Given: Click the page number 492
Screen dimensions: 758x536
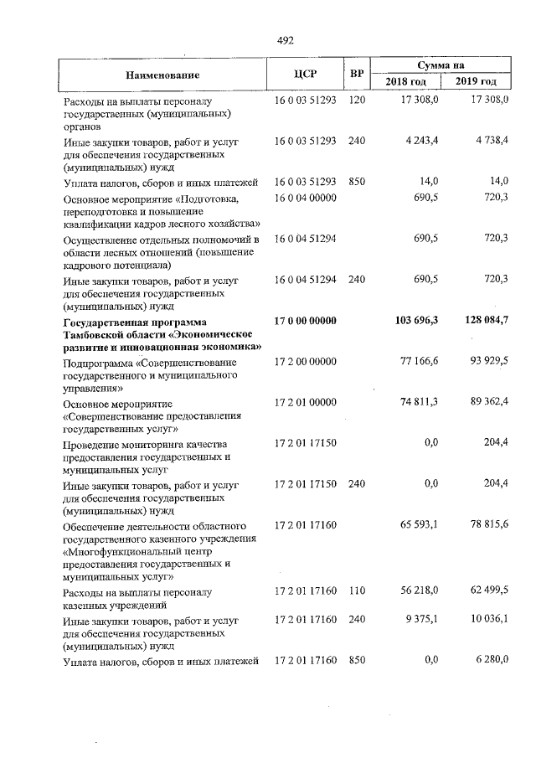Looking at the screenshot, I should click(x=285, y=39).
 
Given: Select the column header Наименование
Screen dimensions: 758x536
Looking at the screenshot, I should click(x=162, y=75).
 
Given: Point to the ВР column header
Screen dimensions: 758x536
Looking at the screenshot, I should click(x=357, y=74).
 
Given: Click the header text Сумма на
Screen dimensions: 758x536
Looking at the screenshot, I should click(x=441, y=64).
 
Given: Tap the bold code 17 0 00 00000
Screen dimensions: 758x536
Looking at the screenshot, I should click(x=305, y=322).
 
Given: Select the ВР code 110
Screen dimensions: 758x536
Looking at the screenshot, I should click(x=357, y=591).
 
